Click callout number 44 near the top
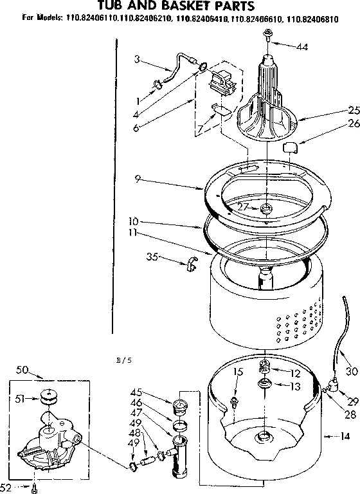[301, 46]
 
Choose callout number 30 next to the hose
[351, 371]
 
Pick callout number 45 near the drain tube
[154, 392]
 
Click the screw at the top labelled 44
[267, 42]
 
